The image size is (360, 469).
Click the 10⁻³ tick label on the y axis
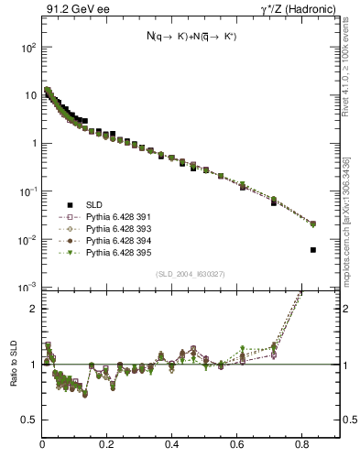click(28, 288)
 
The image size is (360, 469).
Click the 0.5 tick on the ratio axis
click(29, 420)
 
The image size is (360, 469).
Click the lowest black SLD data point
click(313, 249)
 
